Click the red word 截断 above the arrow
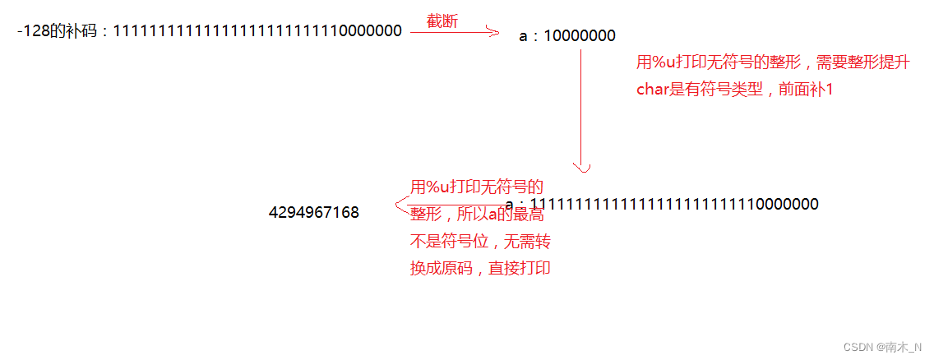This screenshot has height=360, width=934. coord(442,21)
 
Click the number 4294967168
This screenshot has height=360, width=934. coord(313,213)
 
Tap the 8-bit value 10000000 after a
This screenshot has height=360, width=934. coord(580,36)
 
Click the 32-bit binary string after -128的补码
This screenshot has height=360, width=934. coord(257,31)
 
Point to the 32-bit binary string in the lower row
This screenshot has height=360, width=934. coord(673,204)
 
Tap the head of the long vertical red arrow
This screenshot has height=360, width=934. coord(582,168)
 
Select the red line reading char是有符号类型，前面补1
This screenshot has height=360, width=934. coord(734,90)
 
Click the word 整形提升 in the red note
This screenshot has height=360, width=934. coord(882,63)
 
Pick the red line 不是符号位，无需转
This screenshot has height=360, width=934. coord(480,242)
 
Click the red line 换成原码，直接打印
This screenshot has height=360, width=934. coord(480,268)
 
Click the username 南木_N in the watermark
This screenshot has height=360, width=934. coord(905,348)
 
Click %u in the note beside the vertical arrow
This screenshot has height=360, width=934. coord(664,63)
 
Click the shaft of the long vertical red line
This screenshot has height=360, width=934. coord(582,107)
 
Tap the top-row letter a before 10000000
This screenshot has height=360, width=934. coord(524,36)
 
